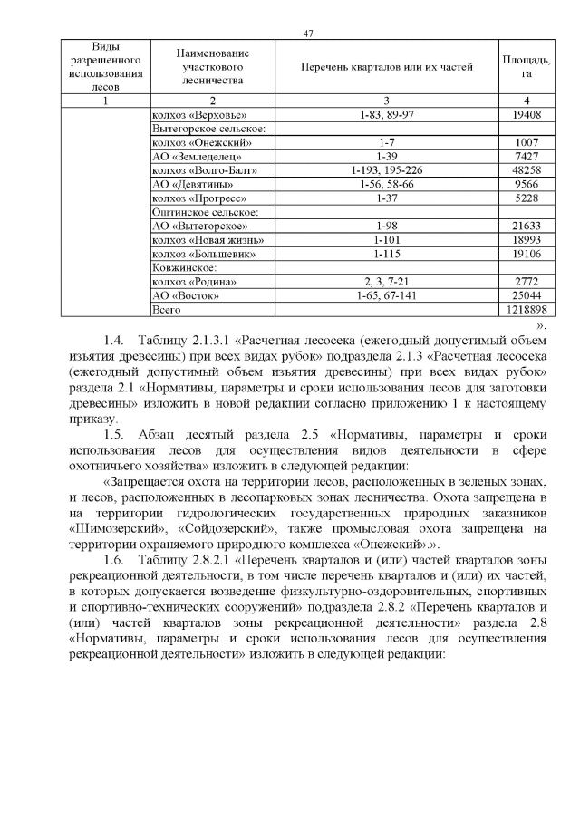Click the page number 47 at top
[x=308, y=34]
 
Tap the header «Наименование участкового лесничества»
[x=212, y=66]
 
